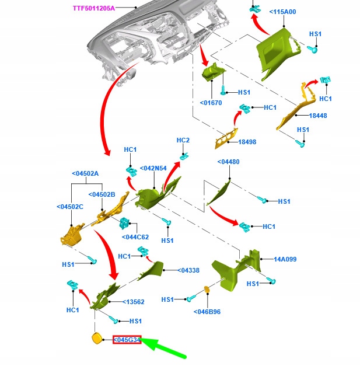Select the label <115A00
pyautogui.click(x=282, y=12)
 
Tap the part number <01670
pyautogui.click(x=211, y=103)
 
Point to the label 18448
pyautogui.click(x=318, y=116)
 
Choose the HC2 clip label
pyautogui.click(x=183, y=141)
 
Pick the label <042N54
pyautogui.click(x=153, y=168)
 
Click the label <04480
pyautogui.click(x=228, y=162)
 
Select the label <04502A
pyautogui.click(x=85, y=173)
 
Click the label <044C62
pyautogui.click(x=135, y=237)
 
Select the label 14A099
pyautogui.click(x=286, y=259)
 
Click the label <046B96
pyautogui.click(x=207, y=312)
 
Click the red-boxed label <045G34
pyautogui.click(x=127, y=340)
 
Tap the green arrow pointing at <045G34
pyautogui.click(x=166, y=348)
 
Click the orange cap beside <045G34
pyautogui.click(x=95, y=339)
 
